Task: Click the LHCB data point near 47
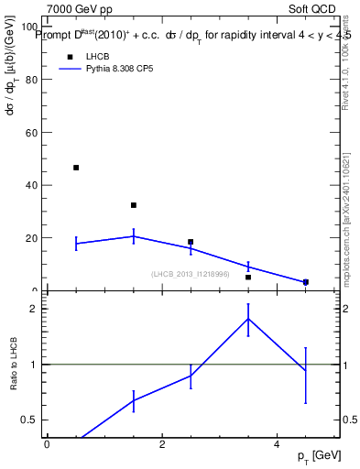pyautogui.click(x=76, y=168)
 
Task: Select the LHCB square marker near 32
pyautogui.click(x=134, y=205)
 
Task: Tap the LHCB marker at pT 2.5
pyautogui.click(x=191, y=242)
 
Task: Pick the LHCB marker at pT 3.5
pyautogui.click(x=248, y=277)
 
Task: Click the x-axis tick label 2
pyautogui.click(x=162, y=444)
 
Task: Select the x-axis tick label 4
pyautogui.click(x=277, y=444)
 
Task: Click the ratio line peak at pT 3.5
pyautogui.click(x=248, y=319)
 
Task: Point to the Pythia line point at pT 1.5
pyautogui.click(x=134, y=236)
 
